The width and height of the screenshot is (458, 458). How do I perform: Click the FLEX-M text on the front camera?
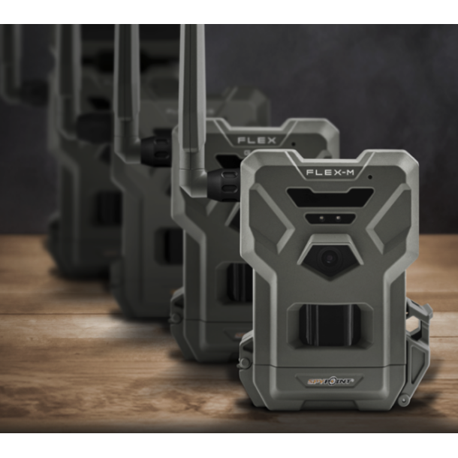(x=330, y=172)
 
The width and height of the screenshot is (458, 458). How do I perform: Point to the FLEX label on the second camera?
(x=257, y=140)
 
